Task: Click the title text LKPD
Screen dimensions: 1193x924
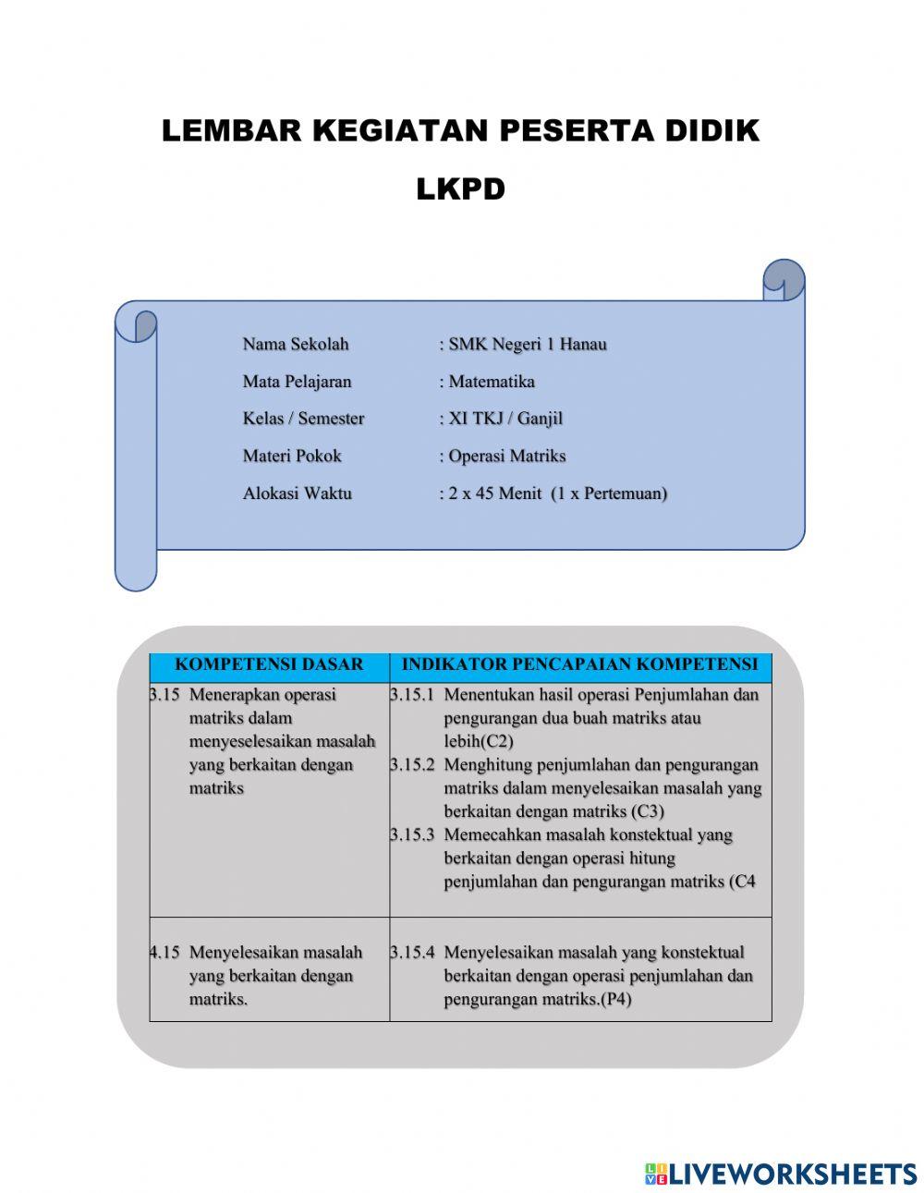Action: coord(460,189)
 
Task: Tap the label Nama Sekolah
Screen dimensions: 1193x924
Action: coord(296,345)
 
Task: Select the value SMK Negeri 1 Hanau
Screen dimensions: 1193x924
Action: coord(527,345)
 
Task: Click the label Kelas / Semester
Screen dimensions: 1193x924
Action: coord(303,419)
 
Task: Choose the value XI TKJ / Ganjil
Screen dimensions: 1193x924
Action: coord(505,419)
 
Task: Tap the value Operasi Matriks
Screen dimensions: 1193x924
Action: coord(506,456)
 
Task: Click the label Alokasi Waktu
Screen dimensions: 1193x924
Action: coord(297,493)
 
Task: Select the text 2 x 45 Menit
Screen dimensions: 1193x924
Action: coord(494,493)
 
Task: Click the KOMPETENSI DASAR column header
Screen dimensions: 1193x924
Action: coord(269,664)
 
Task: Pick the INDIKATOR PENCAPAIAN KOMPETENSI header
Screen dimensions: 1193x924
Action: coord(579,664)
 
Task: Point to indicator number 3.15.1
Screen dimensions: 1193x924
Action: coord(412,695)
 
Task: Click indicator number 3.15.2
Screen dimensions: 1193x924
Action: coord(412,765)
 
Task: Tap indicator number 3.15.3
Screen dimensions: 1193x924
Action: coord(412,835)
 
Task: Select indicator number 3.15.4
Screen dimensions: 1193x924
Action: coord(412,953)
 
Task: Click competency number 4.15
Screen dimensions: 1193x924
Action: coord(165,953)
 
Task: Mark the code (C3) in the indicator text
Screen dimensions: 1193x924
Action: coord(648,812)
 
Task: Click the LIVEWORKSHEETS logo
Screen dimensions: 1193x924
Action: coord(781,1174)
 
